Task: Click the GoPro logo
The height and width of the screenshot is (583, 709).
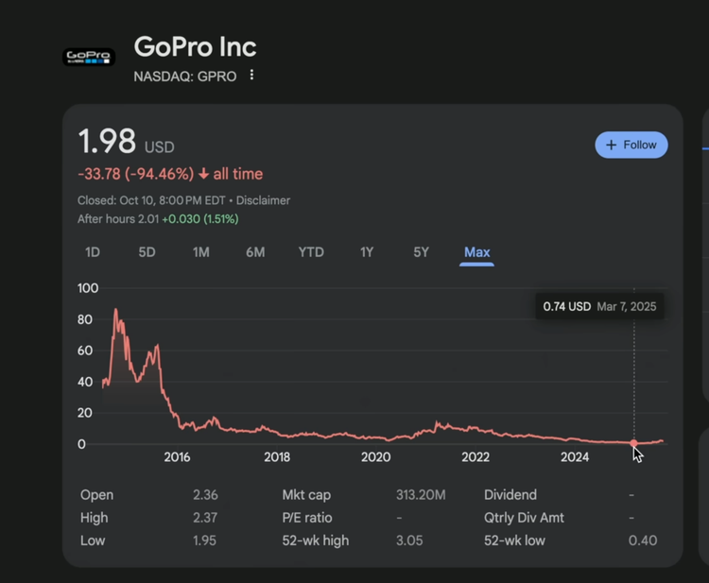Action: [89, 57]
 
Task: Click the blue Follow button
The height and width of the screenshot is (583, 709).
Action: [631, 145]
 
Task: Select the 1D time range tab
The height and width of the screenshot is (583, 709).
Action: [93, 252]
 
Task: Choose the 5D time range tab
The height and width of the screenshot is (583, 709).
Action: [147, 252]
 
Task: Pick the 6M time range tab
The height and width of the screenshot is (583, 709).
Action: [255, 252]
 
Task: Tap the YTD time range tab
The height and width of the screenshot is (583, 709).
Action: [311, 252]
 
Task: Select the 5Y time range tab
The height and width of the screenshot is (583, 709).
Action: [421, 252]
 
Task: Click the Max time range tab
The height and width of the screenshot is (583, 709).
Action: [476, 252]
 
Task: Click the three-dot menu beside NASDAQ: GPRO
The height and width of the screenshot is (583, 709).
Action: [251, 76]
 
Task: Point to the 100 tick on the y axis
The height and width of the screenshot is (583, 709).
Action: [88, 288]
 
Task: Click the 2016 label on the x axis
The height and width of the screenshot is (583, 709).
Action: [177, 457]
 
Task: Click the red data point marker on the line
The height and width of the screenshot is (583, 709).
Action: [633, 443]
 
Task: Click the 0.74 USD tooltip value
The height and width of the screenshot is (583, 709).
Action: [567, 307]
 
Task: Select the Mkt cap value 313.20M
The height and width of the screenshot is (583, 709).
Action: [421, 495]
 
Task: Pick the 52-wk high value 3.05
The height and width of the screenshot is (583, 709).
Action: [409, 540]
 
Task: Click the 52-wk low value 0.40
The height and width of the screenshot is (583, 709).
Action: [643, 540]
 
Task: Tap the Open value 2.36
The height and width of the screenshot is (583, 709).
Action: [205, 495]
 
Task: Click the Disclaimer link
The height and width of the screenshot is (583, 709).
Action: [263, 200]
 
